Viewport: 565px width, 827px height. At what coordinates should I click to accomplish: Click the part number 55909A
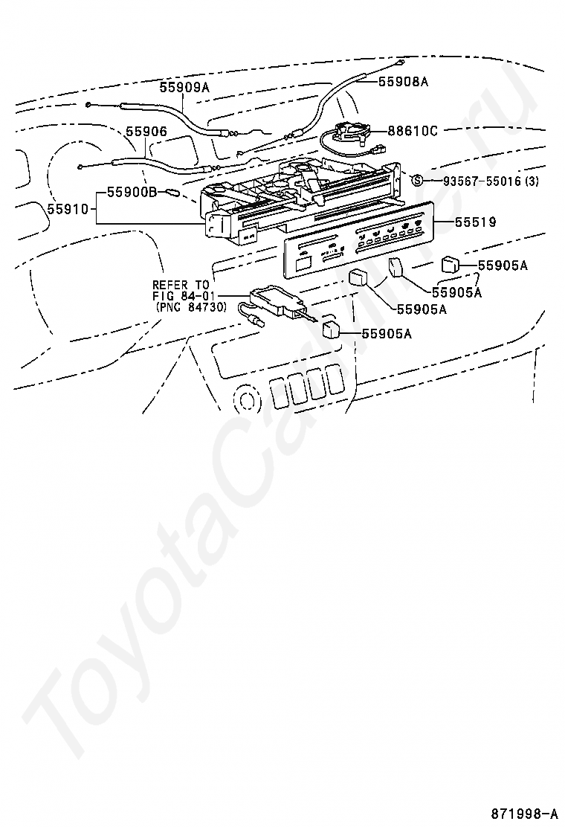tap(184, 88)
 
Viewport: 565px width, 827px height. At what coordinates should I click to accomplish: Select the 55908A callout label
tap(404, 82)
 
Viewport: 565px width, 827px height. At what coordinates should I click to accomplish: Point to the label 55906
tap(146, 132)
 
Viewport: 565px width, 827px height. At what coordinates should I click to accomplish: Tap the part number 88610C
tap(412, 131)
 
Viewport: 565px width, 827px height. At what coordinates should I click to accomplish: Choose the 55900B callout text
tap(132, 192)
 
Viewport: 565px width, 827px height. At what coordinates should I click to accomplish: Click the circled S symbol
tap(417, 180)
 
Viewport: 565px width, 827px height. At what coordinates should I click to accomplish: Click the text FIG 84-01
tap(181, 296)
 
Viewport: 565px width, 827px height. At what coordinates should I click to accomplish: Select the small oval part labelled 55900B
tap(172, 192)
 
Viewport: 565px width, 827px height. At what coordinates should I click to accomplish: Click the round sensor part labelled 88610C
tap(352, 133)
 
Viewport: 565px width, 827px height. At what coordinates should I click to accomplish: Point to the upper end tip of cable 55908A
tap(400, 62)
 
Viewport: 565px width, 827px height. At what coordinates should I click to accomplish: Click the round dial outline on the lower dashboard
tap(245, 399)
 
